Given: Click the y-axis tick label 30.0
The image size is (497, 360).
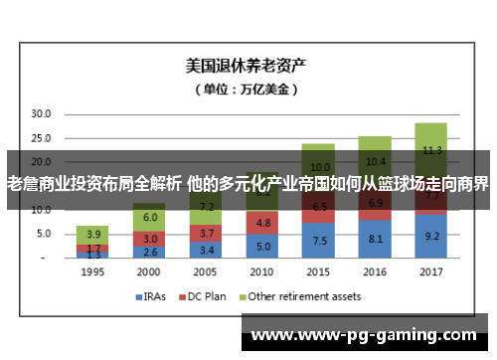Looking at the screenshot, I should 40,114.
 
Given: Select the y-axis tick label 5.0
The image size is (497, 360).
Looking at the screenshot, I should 43,234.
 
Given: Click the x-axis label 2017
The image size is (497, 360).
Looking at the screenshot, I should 430,270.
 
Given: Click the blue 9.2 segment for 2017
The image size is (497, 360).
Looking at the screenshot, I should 430,237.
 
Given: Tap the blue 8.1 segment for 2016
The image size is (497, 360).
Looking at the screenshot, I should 374,239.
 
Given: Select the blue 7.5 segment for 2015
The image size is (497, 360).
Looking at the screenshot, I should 317,240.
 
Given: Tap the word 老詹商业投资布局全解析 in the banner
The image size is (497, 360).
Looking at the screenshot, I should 94,183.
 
